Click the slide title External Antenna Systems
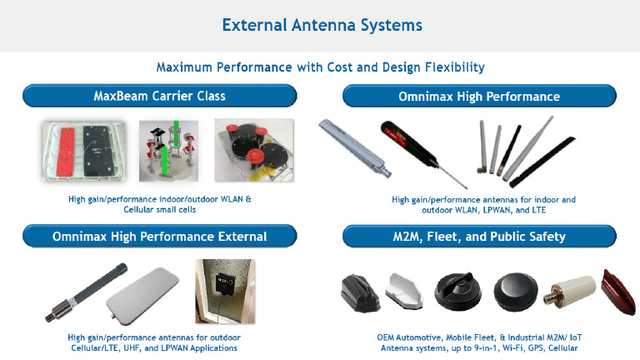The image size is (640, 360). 322,25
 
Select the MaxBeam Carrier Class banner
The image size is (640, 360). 159,96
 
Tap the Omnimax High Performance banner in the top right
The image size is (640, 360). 479,97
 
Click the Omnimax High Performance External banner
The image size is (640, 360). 159,237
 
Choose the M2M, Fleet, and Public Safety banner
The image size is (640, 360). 479,237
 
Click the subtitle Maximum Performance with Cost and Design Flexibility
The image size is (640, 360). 321,67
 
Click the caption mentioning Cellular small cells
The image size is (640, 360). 159,205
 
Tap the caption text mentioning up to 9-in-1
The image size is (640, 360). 479,347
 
